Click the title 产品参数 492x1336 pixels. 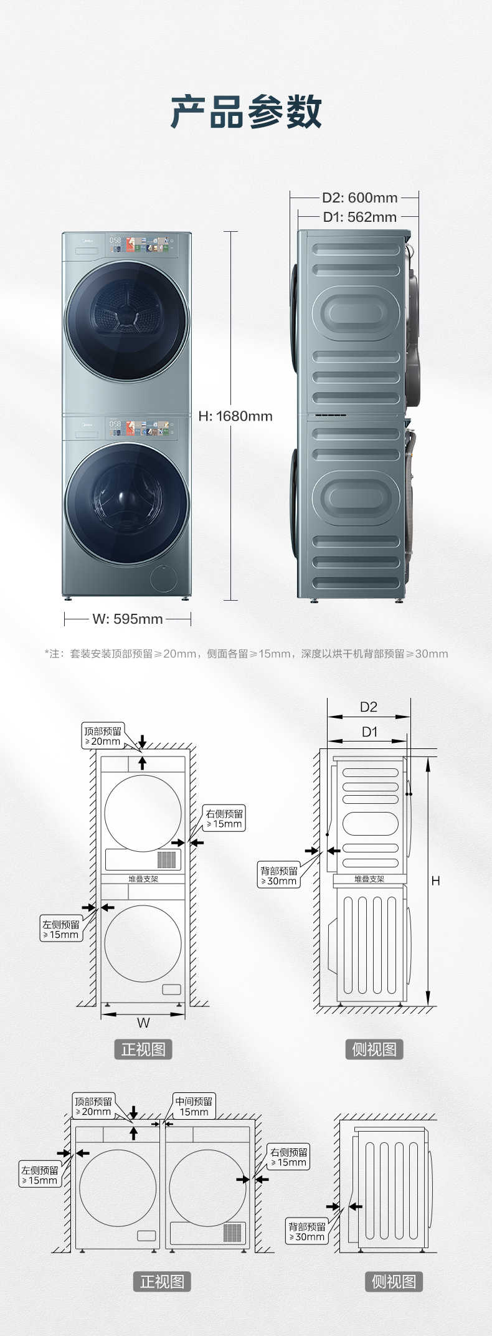[x=246, y=112]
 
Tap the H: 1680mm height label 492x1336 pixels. [x=235, y=416]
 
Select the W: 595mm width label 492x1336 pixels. [x=127, y=619]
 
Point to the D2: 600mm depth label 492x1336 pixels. [x=359, y=198]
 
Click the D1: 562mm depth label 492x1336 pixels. [x=359, y=217]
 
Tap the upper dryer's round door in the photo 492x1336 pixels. [x=127, y=321]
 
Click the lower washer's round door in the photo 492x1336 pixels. [x=127, y=495]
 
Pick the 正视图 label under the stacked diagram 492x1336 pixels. [x=143, y=1049]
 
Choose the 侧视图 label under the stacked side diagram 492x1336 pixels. [x=374, y=1049]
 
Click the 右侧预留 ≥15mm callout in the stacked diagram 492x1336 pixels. [x=225, y=818]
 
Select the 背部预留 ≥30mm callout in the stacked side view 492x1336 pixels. [x=280, y=876]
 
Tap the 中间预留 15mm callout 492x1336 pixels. [x=194, y=1107]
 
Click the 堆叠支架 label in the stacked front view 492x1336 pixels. [x=143, y=879]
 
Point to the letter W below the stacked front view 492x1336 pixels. [x=143, y=1023]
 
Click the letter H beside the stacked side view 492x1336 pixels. [x=435, y=880]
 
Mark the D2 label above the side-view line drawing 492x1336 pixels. [x=369, y=707]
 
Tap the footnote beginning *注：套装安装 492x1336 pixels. [x=246, y=654]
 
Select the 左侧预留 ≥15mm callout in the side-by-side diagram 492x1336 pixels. [x=40, y=1175]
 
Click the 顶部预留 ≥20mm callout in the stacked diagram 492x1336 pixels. [x=103, y=736]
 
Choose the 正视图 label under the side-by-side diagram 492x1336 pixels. [x=162, y=1281]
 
